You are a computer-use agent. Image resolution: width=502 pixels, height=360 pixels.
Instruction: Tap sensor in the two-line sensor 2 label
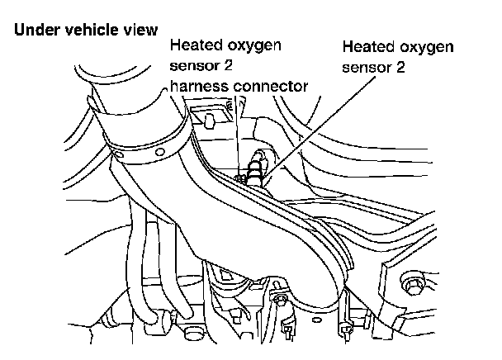[367, 69]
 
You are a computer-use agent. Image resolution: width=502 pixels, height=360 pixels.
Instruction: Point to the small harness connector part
[240, 174]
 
